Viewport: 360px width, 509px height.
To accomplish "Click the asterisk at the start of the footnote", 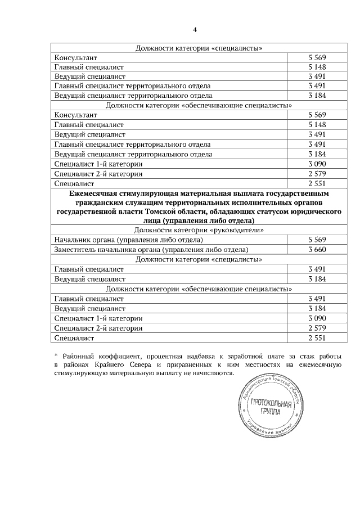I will [x=56, y=355].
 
